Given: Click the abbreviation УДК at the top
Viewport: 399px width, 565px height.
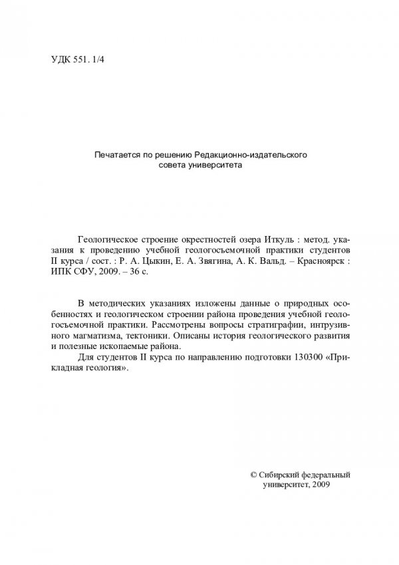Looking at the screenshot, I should coord(61,58).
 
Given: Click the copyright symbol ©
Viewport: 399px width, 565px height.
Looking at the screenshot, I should coord(252,475).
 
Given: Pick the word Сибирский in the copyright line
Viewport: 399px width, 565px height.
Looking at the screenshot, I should coord(279,475).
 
